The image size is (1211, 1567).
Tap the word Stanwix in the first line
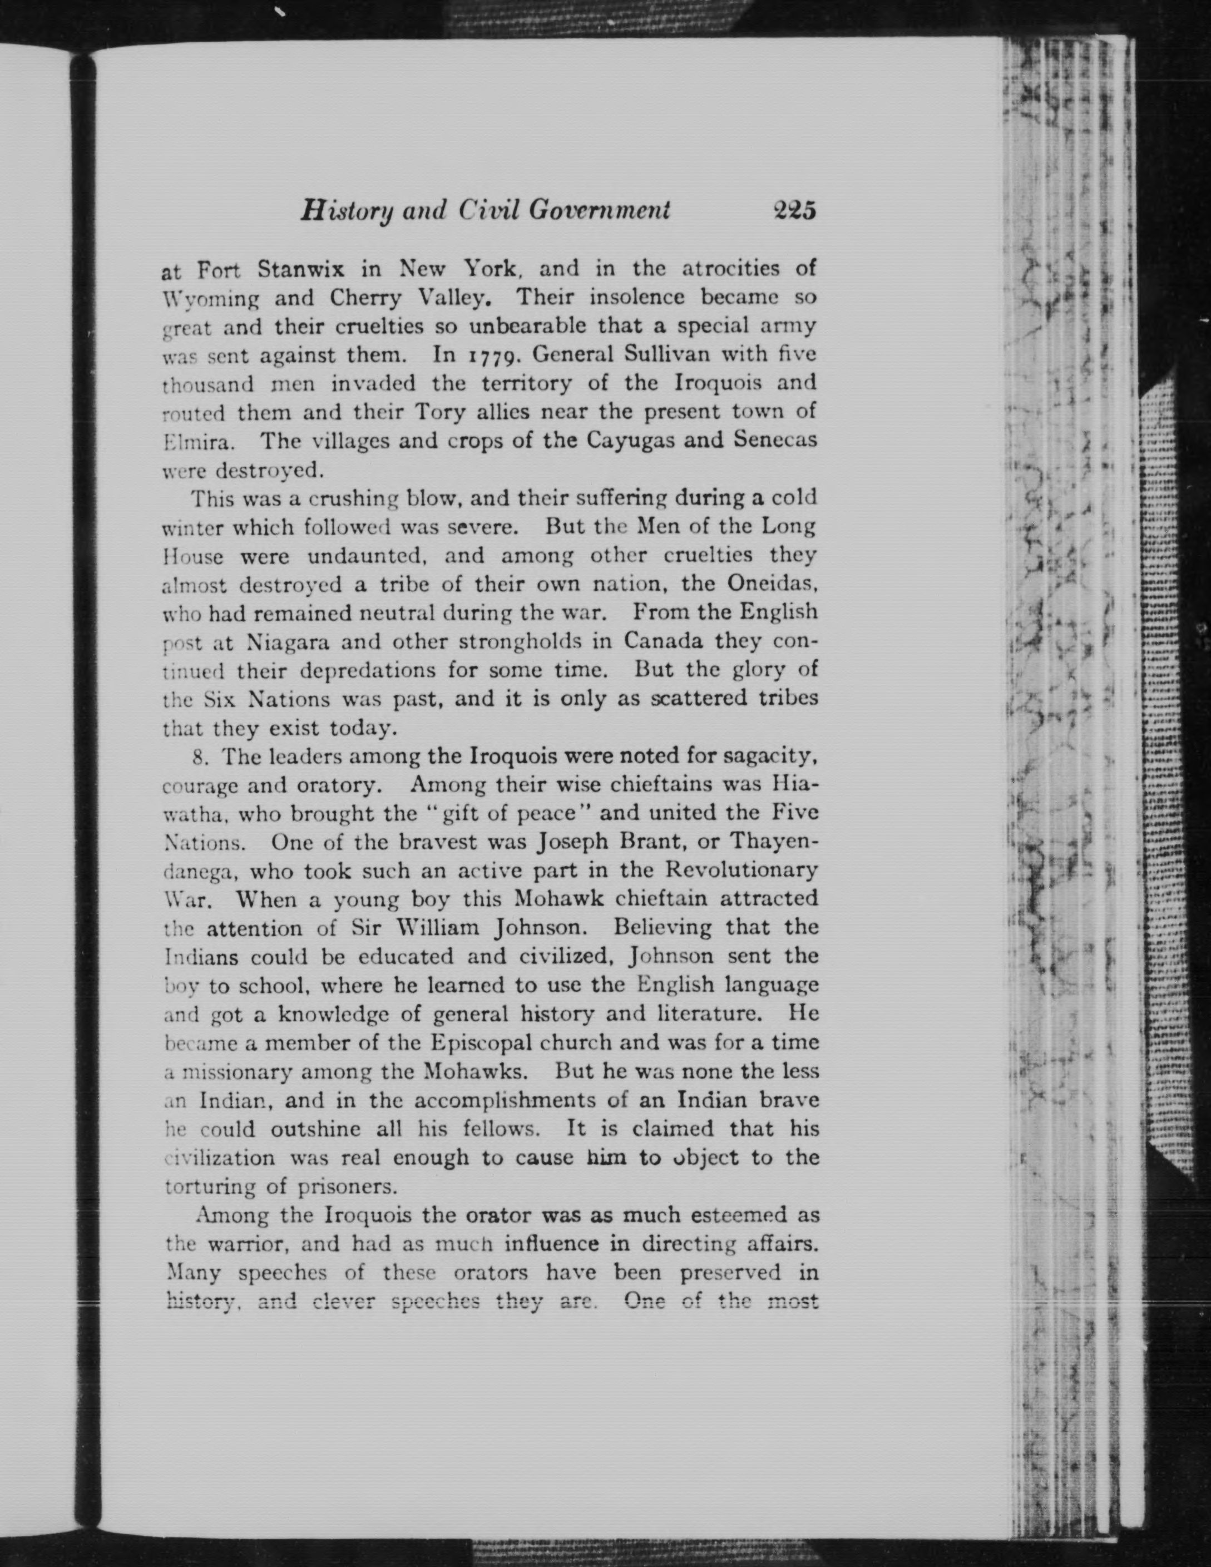(x=301, y=270)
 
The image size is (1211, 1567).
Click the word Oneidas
(x=773, y=584)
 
